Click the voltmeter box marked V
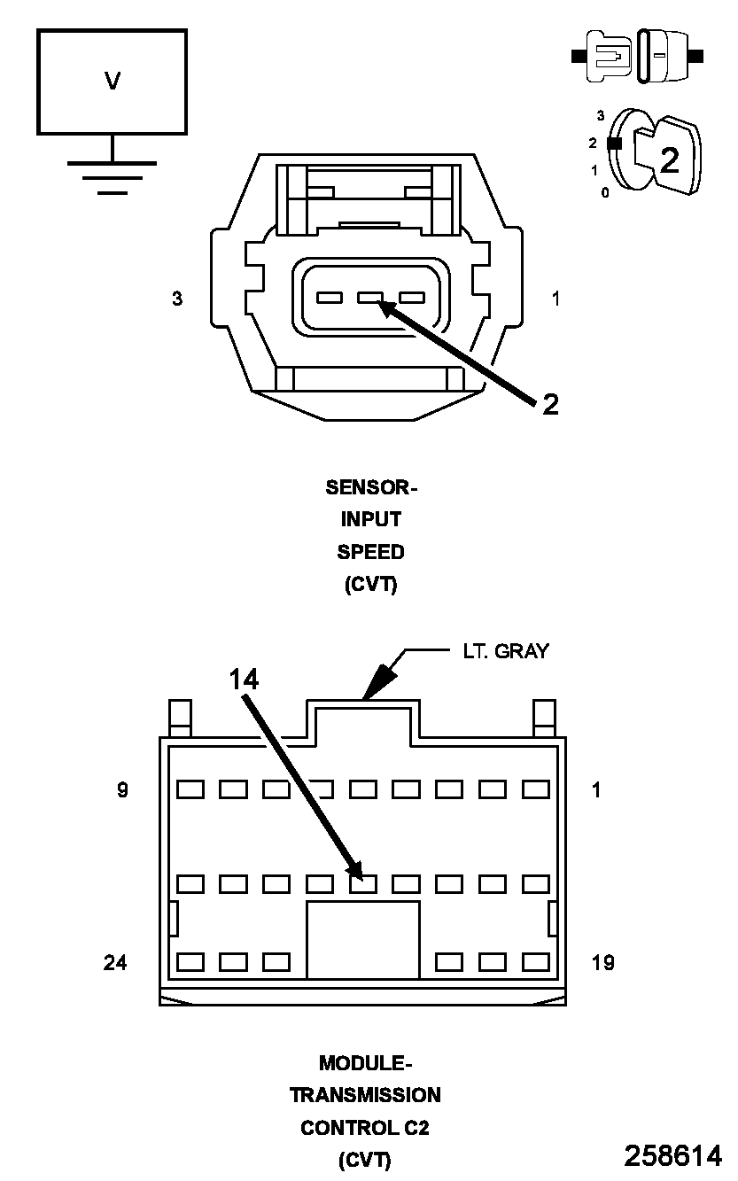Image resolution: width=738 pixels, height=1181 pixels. click(x=112, y=82)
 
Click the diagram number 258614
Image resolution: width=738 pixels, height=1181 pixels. click(x=672, y=1155)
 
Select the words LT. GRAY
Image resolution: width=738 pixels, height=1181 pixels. click(x=505, y=651)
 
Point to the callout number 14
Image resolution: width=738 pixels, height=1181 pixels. click(x=244, y=680)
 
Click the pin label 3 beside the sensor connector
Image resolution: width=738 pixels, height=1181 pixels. click(x=177, y=299)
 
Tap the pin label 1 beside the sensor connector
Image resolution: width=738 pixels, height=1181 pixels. click(x=555, y=299)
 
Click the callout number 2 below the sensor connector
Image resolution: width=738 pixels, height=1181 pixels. click(x=550, y=405)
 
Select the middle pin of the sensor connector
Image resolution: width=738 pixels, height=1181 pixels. click(x=370, y=299)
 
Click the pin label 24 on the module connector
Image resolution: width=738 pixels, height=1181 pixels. click(x=115, y=962)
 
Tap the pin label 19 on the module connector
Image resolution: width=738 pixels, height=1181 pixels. click(x=602, y=962)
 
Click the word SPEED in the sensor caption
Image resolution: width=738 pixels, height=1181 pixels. click(x=370, y=552)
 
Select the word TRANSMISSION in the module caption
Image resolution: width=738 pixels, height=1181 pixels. click(x=365, y=1095)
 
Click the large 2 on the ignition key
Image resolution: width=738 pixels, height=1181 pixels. click(x=670, y=159)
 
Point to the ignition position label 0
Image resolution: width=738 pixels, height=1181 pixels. click(x=605, y=192)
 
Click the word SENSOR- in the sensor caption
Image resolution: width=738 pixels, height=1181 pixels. click(x=370, y=487)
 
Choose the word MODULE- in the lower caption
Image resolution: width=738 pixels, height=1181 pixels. click(x=365, y=1062)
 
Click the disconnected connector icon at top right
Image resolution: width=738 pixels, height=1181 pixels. click(x=638, y=56)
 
